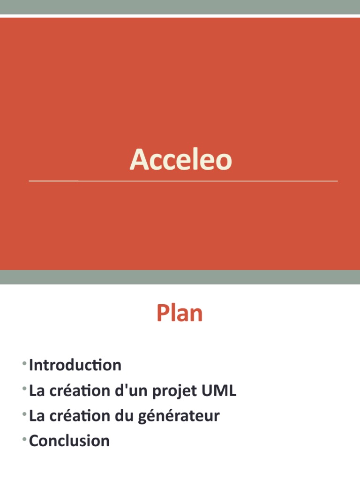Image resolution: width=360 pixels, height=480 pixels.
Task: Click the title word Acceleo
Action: click(x=180, y=160)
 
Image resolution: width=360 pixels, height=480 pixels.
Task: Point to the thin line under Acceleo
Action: click(x=183, y=180)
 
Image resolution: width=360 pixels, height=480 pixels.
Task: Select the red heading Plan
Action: click(x=180, y=314)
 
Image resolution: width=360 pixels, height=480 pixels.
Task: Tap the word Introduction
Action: click(x=75, y=365)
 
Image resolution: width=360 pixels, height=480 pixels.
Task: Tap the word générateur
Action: click(x=179, y=416)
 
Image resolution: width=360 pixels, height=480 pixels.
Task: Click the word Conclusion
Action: click(x=69, y=441)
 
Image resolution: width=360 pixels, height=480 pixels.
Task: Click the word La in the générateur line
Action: click(x=37, y=416)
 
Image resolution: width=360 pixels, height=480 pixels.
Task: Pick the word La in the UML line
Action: click(x=37, y=390)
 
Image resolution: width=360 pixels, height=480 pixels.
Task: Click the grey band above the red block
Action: click(x=180, y=7)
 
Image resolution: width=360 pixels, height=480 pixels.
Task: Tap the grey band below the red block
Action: click(x=180, y=277)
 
